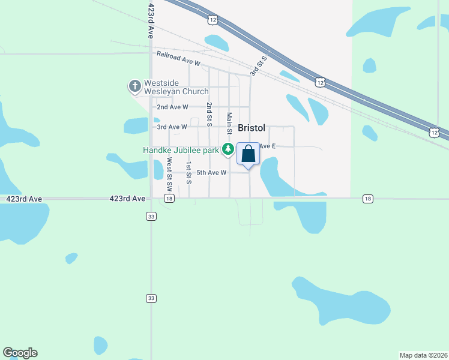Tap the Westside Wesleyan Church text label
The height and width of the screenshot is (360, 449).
tap(176, 87)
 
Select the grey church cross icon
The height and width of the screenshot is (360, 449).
tap(134, 87)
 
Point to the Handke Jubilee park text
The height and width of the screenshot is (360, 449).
tap(181, 150)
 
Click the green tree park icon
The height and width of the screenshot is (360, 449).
tap(228, 149)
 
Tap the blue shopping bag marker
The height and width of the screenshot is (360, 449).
tap(249, 154)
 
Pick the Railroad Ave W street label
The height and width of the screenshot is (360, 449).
tap(178, 58)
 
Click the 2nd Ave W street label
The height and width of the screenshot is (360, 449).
tap(172, 107)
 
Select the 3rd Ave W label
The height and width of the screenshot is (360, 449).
tap(172, 127)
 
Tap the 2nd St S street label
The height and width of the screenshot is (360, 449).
tap(209, 114)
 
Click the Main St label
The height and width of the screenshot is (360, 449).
tap(229, 122)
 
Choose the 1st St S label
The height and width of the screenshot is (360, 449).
tap(188, 172)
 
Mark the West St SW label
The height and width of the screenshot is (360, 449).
tap(169, 169)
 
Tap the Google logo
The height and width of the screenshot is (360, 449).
tap(20, 353)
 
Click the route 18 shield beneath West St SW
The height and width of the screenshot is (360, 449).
tap(170, 198)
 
